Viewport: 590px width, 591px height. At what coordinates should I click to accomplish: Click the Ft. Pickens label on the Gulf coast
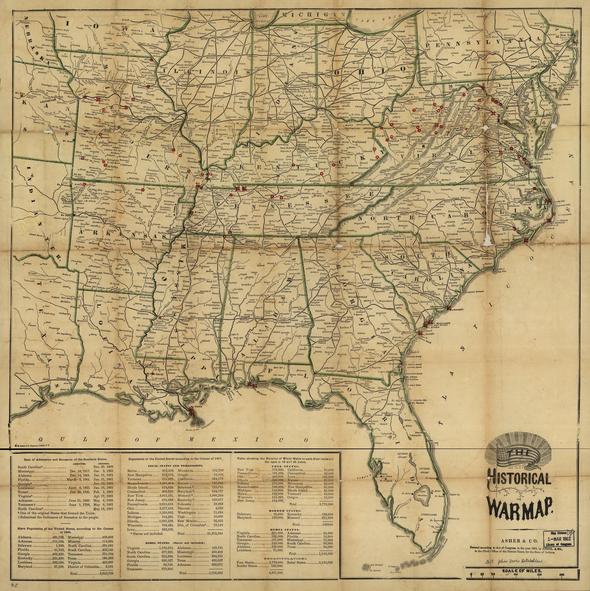click(x=259, y=394)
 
